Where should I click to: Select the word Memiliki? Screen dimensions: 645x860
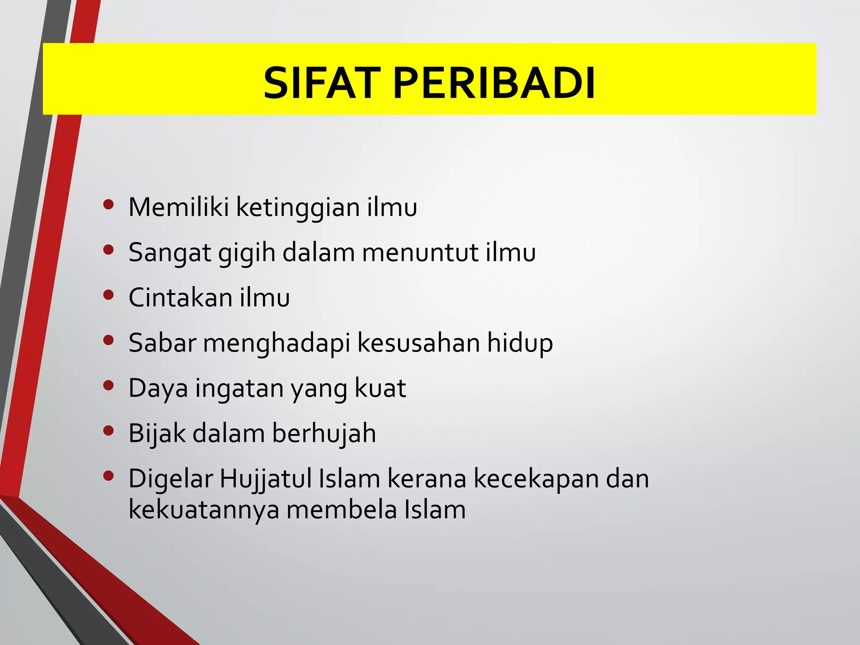178,207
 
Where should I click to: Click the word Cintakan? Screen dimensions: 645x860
181,298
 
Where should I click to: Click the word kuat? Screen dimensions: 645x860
380,388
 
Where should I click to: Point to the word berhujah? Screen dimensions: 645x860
324,433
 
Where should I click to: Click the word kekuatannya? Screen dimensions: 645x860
204,510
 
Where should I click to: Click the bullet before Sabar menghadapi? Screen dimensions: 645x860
108,340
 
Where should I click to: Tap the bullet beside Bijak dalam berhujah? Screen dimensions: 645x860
108,431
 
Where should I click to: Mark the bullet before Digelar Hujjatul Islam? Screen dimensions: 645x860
108,476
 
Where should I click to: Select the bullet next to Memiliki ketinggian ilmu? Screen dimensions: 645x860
108,205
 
